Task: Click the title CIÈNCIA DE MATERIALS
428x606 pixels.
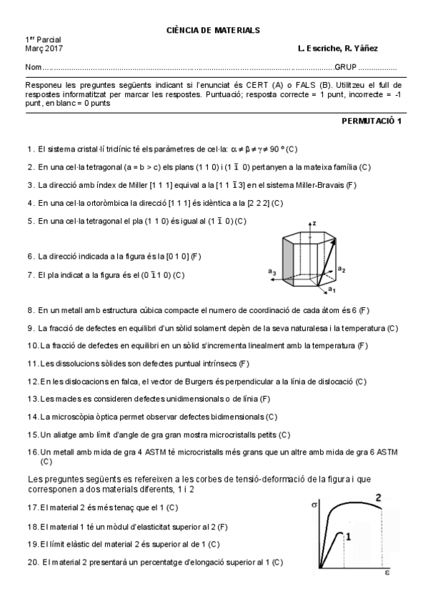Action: coord(213,30)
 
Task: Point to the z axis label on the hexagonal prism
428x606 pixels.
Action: coord(314,224)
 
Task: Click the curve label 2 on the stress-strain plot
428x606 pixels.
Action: coord(378,497)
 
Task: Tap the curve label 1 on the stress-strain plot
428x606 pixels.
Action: coord(348,535)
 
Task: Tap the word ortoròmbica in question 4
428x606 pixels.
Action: coord(111,202)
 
